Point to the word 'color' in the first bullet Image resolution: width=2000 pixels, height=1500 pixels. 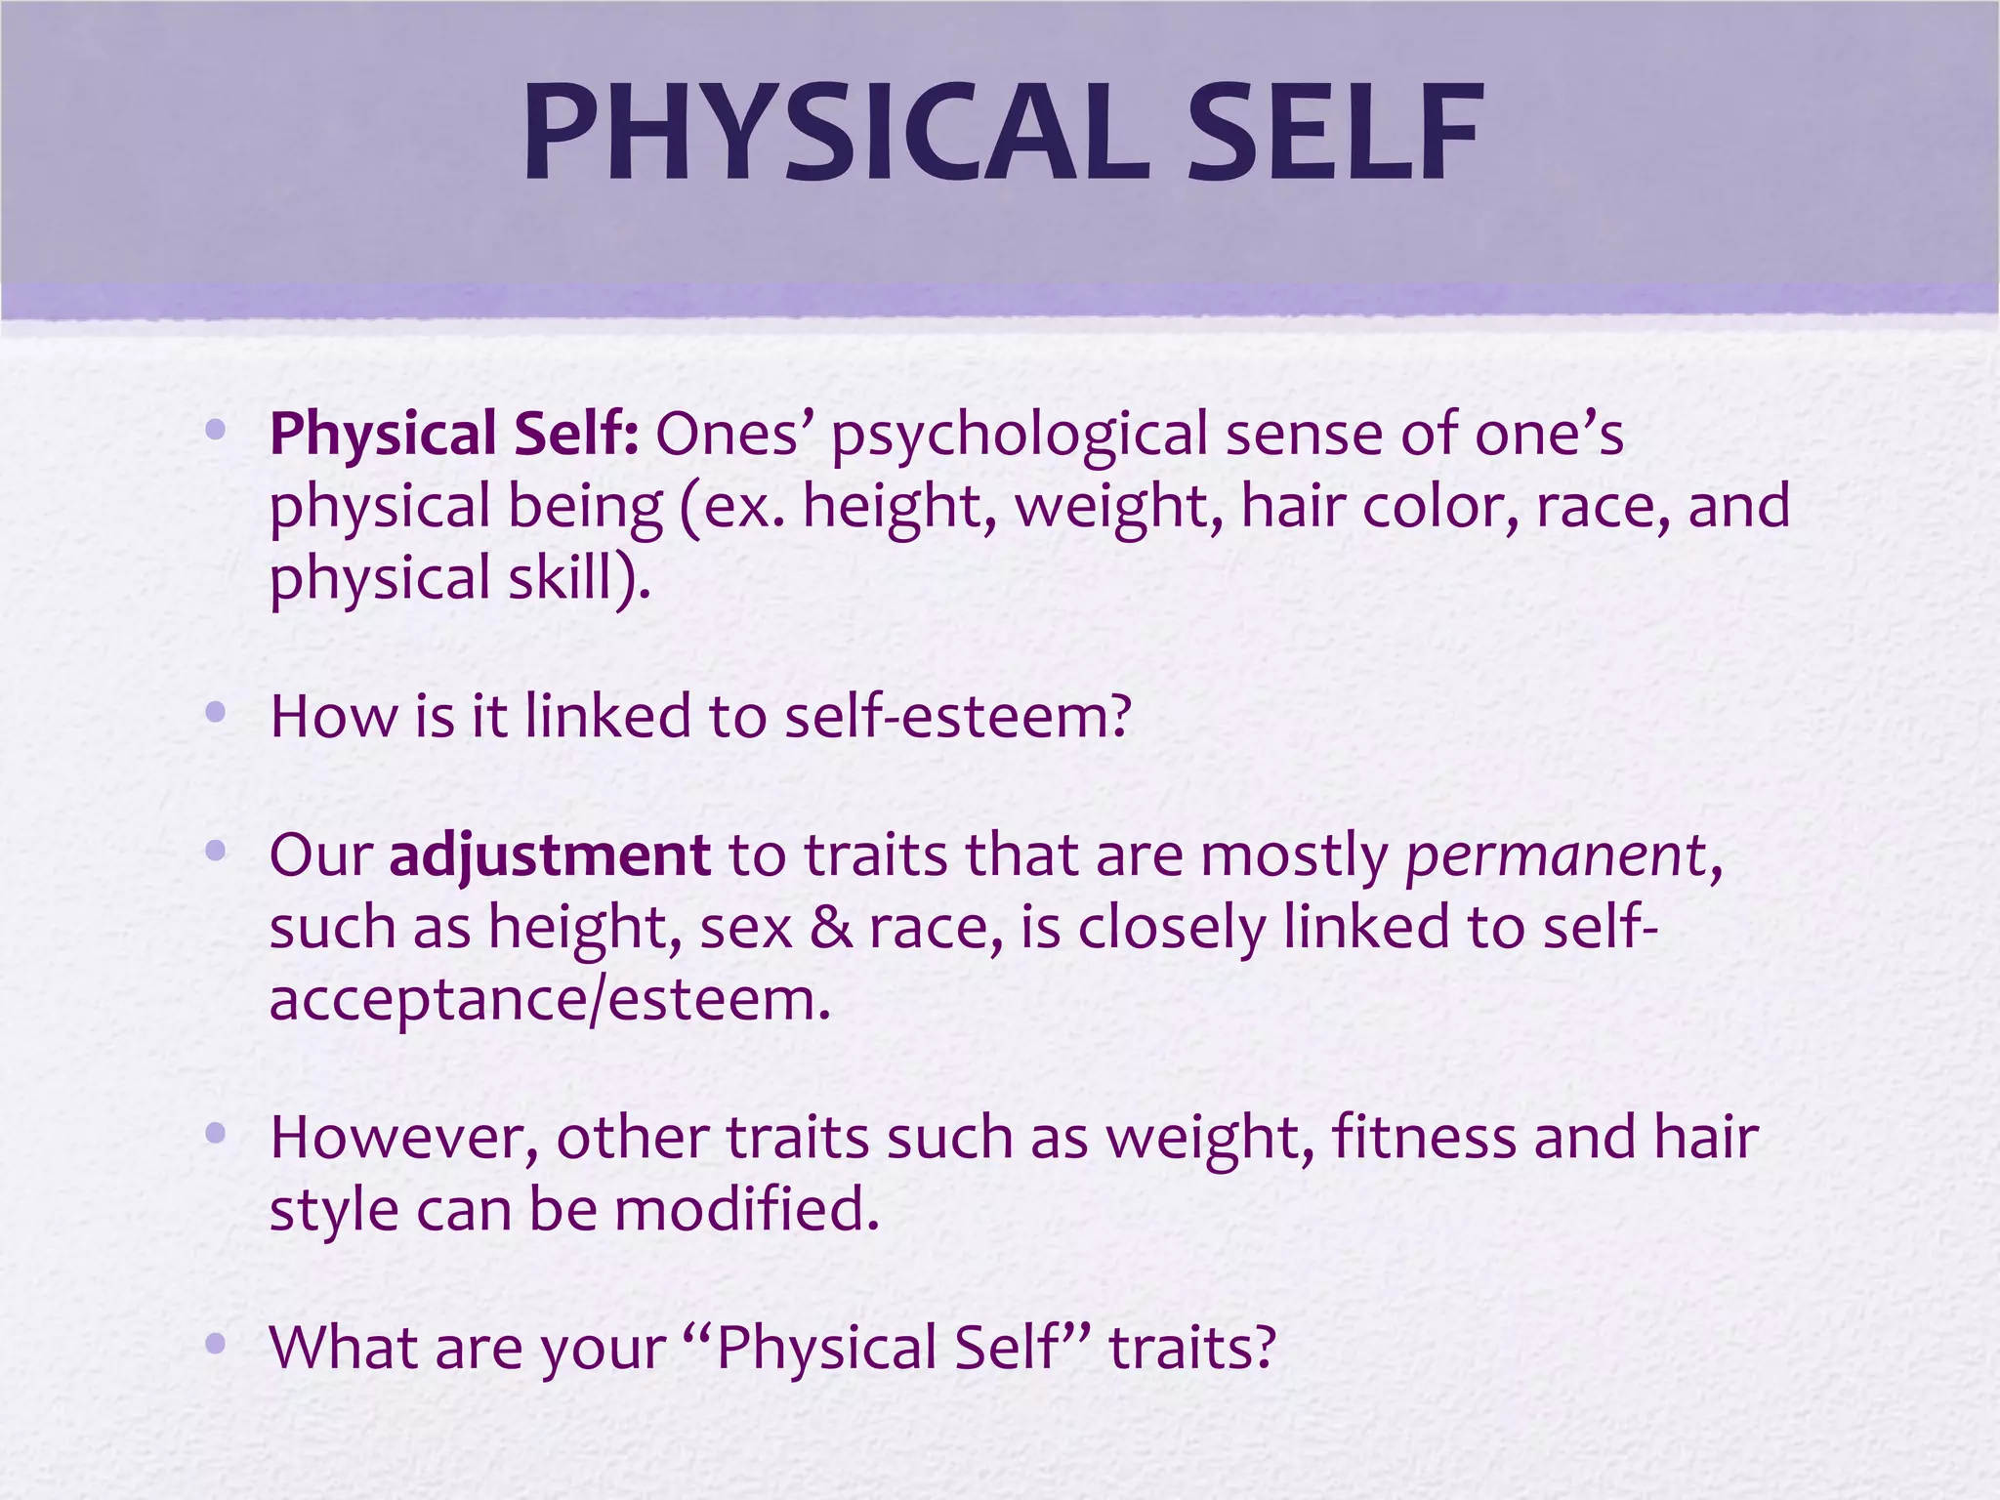pyautogui.click(x=1439, y=506)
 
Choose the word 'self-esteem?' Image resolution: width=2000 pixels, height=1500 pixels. pyautogui.click(x=958, y=715)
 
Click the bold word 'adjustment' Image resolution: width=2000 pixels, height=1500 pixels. pyautogui.click(x=550, y=855)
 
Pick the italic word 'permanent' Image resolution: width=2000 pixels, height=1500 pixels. pyautogui.click(x=1555, y=855)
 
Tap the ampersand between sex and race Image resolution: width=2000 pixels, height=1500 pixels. pyautogui.click(x=830, y=927)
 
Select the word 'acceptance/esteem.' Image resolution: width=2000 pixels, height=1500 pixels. pyautogui.click(x=550, y=999)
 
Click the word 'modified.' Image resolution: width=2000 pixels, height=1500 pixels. pyautogui.click(x=747, y=1209)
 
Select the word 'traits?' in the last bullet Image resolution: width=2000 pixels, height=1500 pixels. pyautogui.click(x=1192, y=1348)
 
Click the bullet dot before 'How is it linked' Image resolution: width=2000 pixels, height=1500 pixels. pyautogui.click(x=216, y=713)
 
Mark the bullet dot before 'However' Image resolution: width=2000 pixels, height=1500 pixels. pyautogui.click(x=216, y=1134)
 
